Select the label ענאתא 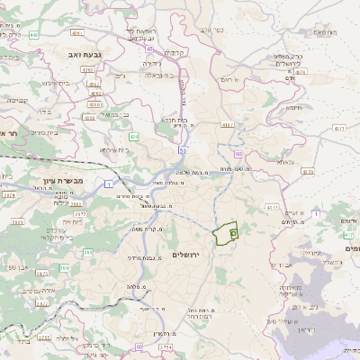[286, 161]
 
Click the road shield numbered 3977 [78, 214]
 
